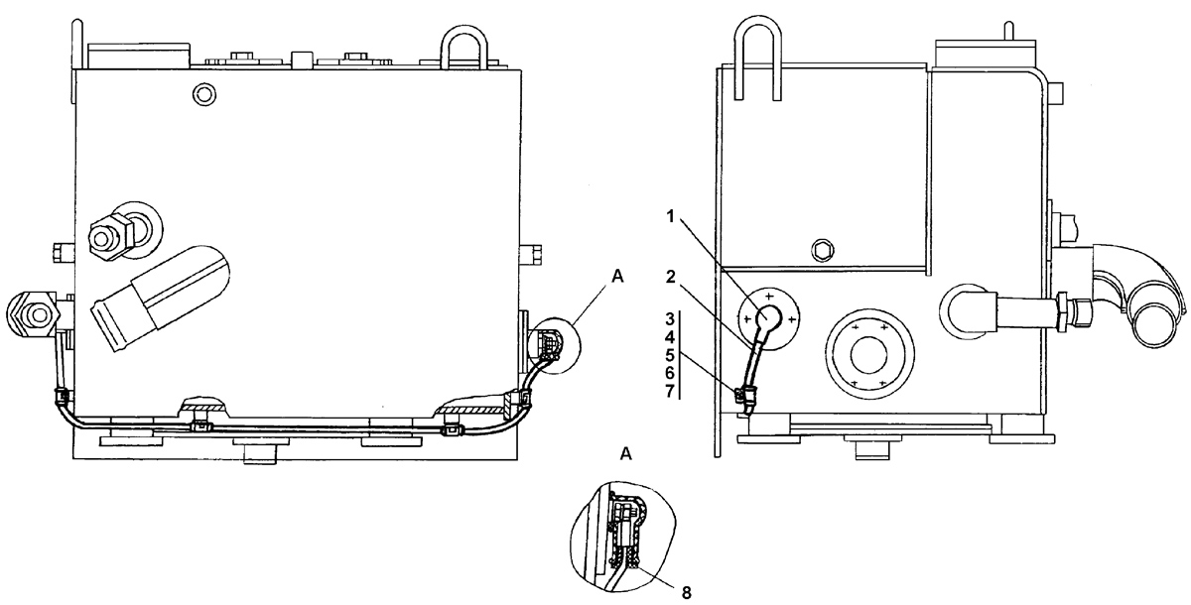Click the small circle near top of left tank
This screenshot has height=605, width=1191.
[203, 94]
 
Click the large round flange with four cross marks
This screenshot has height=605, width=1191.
[868, 353]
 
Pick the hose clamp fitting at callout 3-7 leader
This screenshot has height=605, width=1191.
[745, 396]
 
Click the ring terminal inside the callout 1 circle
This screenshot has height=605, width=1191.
[769, 317]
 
